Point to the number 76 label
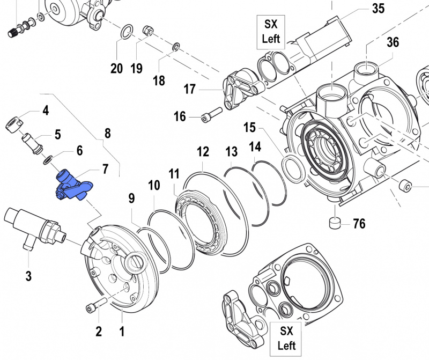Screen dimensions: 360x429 pyautogui.click(x=359, y=223)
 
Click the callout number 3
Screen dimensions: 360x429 pyautogui.click(x=28, y=277)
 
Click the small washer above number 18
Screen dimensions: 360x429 pyautogui.click(x=175, y=48)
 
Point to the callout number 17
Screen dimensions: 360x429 pyautogui.click(x=190, y=89)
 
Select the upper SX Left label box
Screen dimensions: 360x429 pyautogui.click(x=271, y=31)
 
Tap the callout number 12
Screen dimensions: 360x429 pyautogui.click(x=202, y=152)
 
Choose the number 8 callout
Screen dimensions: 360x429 pyautogui.click(x=107, y=133)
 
